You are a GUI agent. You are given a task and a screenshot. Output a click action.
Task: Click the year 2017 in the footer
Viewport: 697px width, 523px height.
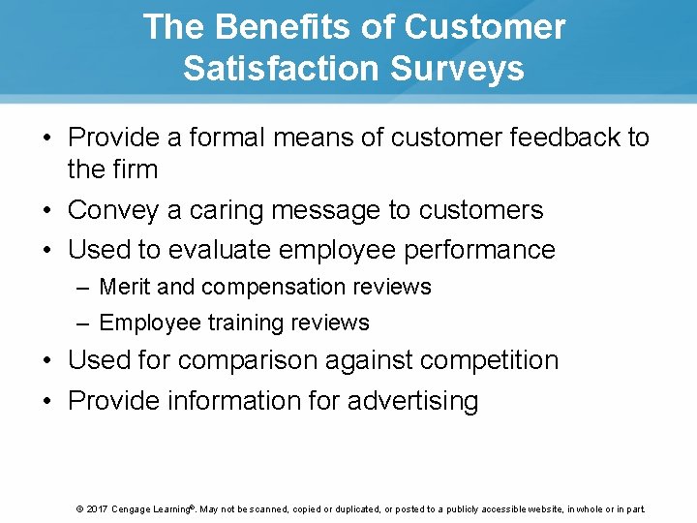pos(97,508)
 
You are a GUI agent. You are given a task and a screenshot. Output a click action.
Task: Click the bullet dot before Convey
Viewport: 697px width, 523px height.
pos(46,210)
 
